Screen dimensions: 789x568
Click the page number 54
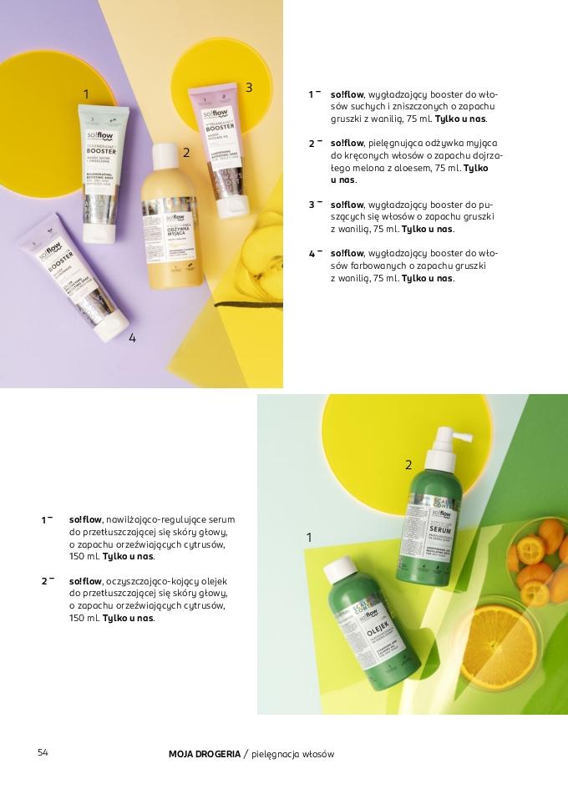click(43, 753)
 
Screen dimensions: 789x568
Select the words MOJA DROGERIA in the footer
click(204, 754)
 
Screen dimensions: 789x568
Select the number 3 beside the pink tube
click(248, 88)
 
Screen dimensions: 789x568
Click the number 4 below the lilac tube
click(132, 338)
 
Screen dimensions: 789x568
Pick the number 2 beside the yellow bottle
click(185, 153)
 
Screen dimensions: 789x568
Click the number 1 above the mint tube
click(86, 94)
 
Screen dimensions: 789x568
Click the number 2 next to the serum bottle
click(408, 465)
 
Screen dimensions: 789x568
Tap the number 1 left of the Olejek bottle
click(309, 538)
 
